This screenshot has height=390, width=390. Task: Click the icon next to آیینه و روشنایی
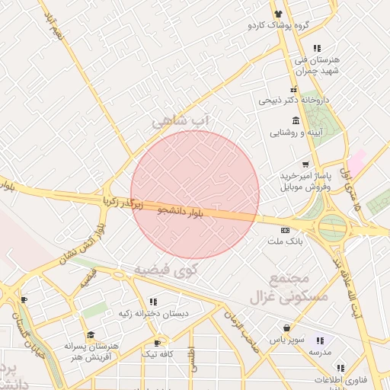[295, 122]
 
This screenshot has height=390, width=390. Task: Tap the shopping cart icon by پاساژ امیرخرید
[305, 165]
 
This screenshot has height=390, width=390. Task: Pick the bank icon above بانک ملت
[285, 230]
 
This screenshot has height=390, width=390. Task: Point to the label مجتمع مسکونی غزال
[299, 286]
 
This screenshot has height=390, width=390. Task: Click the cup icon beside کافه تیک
[158, 343]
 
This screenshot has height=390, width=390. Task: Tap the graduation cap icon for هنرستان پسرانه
[90, 334]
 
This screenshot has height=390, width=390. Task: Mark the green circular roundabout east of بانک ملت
[332, 226]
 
